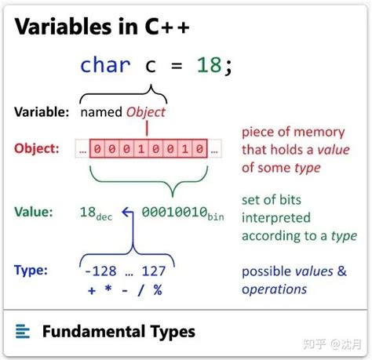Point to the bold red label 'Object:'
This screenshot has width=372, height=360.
35,147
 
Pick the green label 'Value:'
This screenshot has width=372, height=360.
34,211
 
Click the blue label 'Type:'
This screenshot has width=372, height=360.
31,270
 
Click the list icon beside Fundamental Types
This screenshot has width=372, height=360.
24,332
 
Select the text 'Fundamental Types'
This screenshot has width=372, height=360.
118,332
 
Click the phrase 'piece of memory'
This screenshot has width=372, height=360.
290,131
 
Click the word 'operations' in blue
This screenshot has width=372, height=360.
274,289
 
